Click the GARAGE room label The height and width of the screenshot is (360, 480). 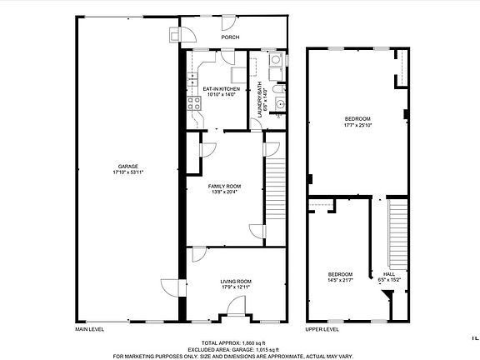pyautogui.click(x=128, y=167)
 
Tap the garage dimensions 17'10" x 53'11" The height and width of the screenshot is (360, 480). pyautogui.click(x=128, y=172)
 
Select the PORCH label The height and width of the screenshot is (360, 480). pyautogui.click(x=230, y=37)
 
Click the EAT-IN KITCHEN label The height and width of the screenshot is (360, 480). pyautogui.click(x=222, y=88)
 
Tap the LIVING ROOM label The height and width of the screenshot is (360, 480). pyautogui.click(x=236, y=282)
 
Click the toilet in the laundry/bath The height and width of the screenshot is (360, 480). pyautogui.click(x=281, y=87)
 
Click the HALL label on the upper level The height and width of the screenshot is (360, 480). pyautogui.click(x=389, y=274)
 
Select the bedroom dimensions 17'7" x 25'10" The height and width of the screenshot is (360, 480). pyautogui.click(x=357, y=125)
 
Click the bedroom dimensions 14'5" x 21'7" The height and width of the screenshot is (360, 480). pyautogui.click(x=339, y=281)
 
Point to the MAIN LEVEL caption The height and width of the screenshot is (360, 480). pyautogui.click(x=90, y=329)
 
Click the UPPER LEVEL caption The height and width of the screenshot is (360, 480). pyautogui.click(x=322, y=329)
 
